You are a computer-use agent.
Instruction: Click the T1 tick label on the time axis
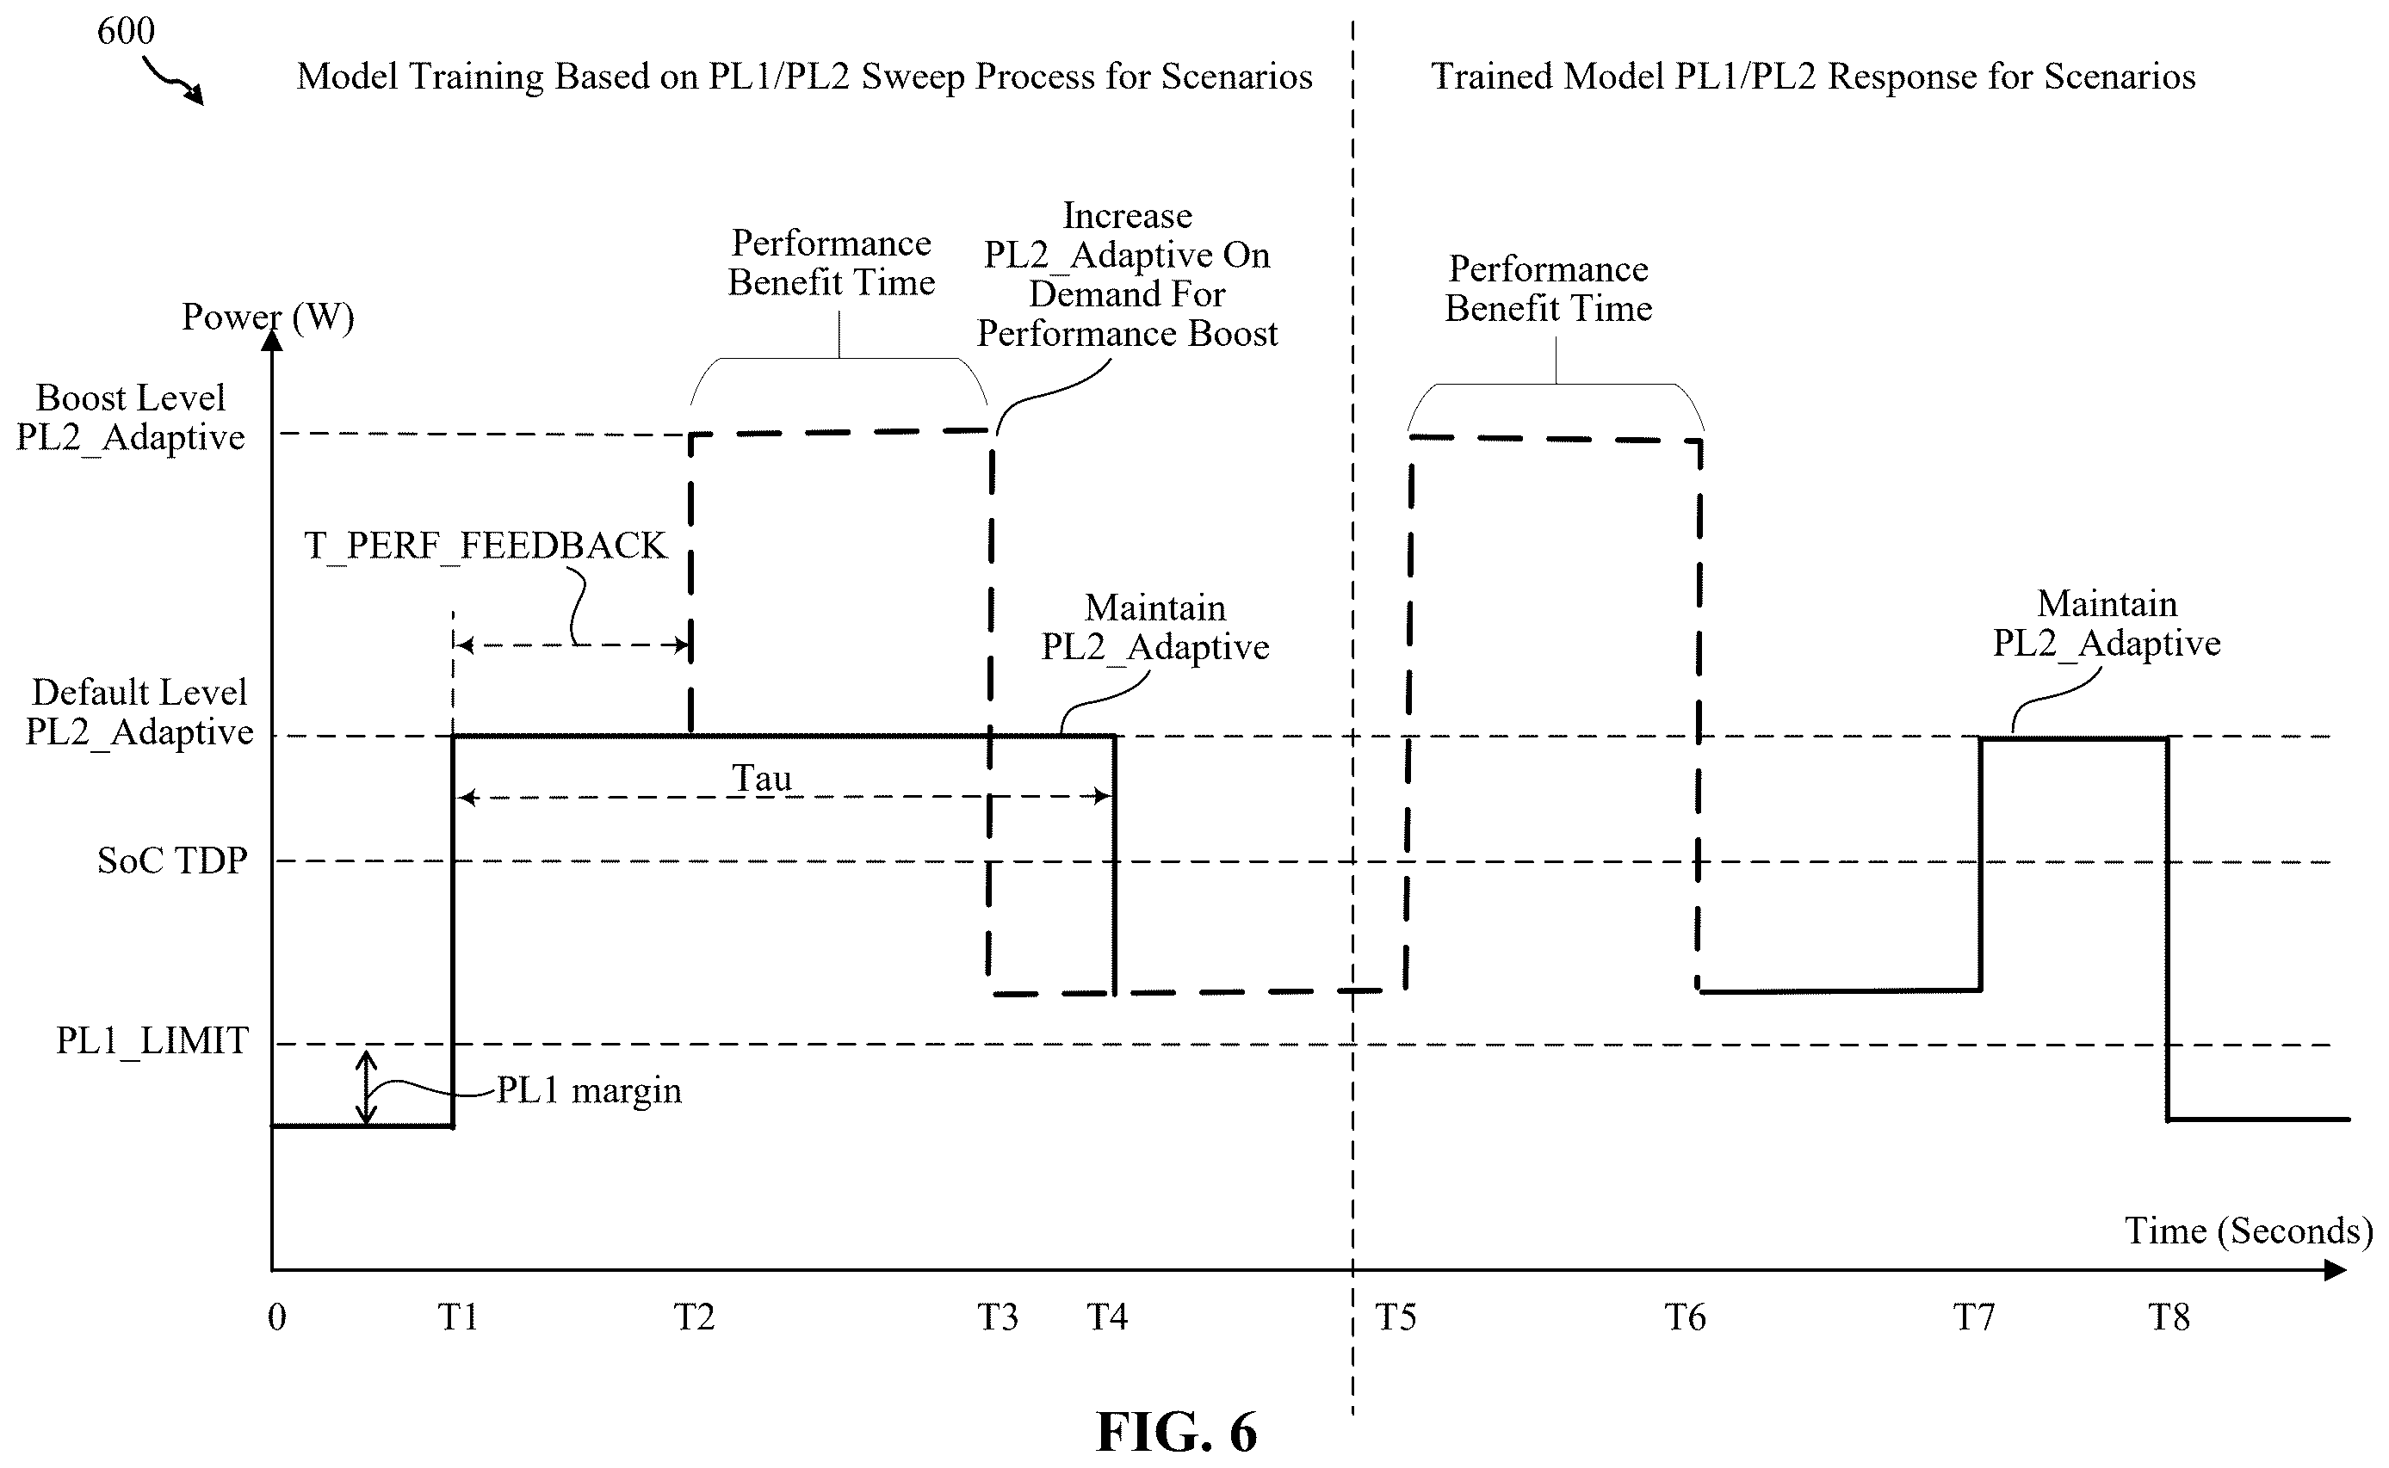click(x=457, y=1317)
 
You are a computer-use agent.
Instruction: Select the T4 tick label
click(x=1106, y=1317)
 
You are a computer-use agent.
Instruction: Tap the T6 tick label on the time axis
click(x=1685, y=1317)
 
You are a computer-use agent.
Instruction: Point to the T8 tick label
click(x=2169, y=1317)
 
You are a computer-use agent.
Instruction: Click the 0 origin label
click(x=276, y=1317)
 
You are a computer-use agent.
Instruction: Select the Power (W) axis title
click(x=268, y=318)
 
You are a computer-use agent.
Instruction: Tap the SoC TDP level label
click(x=172, y=860)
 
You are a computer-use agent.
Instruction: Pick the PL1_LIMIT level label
click(x=152, y=1041)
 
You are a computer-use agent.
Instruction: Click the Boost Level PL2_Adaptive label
click(x=131, y=417)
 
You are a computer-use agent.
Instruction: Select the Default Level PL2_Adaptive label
click(x=139, y=712)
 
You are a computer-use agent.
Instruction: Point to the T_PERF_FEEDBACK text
click(x=486, y=546)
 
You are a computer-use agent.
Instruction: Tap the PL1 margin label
click(x=590, y=1090)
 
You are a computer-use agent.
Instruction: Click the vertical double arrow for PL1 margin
click(x=366, y=1088)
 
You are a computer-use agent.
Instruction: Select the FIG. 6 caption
click(x=1176, y=1431)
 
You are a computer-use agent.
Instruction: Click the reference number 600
click(x=127, y=31)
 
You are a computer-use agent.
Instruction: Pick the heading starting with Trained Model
click(x=1813, y=76)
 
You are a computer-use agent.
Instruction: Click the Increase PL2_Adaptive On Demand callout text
click(x=1128, y=274)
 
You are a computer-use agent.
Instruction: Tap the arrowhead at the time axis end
click(x=2335, y=1270)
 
